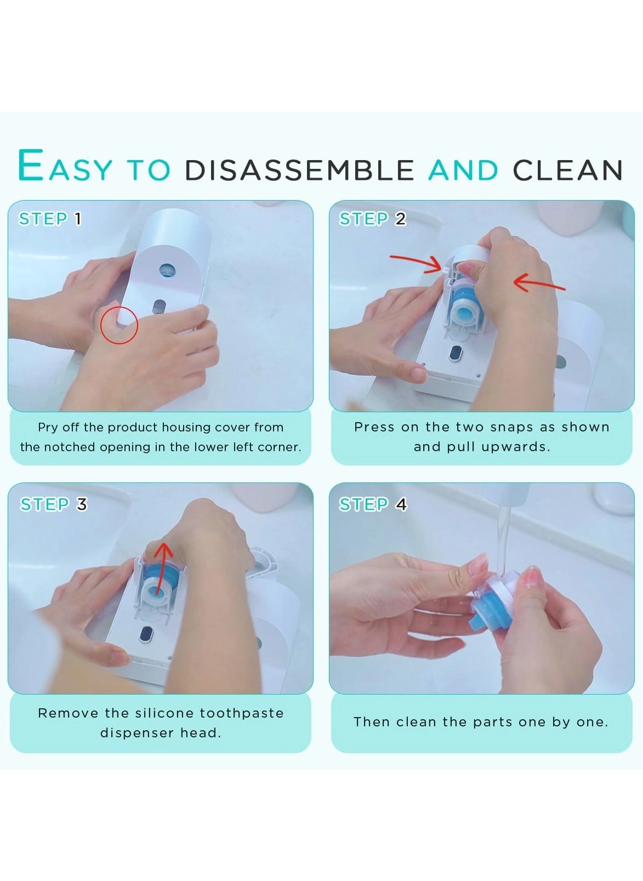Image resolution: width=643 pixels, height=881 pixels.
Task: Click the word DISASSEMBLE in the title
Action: tap(299, 170)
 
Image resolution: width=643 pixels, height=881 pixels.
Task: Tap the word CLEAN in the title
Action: tap(567, 170)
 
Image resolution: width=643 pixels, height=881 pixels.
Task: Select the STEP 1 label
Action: tap(50, 219)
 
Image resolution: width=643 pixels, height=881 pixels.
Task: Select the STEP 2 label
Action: tap(372, 219)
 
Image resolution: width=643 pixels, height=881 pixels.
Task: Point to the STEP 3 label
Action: tap(53, 504)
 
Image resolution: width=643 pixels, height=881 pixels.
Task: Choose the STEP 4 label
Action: tap(373, 504)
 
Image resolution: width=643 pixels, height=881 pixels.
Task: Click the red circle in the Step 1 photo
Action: tap(119, 325)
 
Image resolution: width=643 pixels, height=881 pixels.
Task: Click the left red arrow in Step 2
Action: tap(416, 262)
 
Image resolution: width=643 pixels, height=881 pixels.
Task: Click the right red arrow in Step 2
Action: tap(539, 283)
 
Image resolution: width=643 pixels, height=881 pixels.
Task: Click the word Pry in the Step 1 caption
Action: tap(47, 428)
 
